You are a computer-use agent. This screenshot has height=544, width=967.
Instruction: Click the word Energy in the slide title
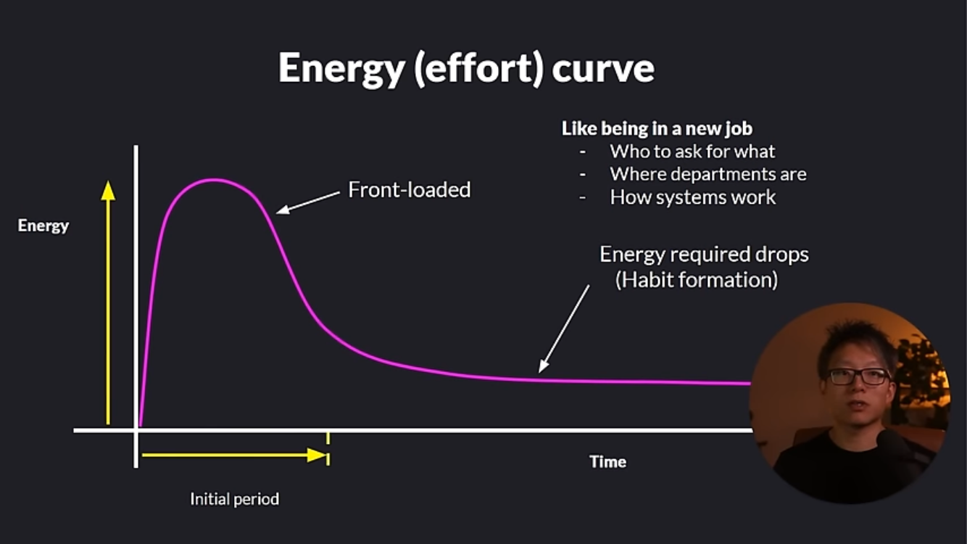[341, 69]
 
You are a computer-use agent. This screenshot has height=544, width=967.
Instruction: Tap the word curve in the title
[603, 69]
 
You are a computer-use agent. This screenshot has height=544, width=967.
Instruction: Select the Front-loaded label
[410, 190]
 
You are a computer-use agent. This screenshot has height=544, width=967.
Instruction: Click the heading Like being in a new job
[657, 128]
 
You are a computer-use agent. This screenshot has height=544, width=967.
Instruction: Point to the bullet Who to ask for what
[692, 151]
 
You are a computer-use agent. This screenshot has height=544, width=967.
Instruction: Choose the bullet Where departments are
[708, 174]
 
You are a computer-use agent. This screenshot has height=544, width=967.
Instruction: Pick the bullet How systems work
[693, 197]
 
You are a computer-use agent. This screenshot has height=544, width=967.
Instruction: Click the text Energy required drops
[704, 255]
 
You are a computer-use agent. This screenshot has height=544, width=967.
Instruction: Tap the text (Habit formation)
[697, 279]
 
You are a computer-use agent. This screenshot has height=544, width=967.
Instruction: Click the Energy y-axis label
[43, 226]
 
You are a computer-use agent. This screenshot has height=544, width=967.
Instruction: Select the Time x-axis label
[608, 462]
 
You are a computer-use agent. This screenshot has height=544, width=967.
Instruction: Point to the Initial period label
[234, 500]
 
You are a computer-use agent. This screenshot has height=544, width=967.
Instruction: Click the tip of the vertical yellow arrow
[108, 181]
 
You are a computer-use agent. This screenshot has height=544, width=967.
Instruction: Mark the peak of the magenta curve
[214, 180]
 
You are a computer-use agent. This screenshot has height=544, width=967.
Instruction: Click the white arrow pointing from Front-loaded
[308, 202]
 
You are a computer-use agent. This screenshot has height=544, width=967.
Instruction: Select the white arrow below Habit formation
[564, 329]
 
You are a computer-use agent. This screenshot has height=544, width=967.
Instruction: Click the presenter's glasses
[859, 376]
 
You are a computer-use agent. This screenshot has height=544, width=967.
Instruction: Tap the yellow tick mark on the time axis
[328, 439]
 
